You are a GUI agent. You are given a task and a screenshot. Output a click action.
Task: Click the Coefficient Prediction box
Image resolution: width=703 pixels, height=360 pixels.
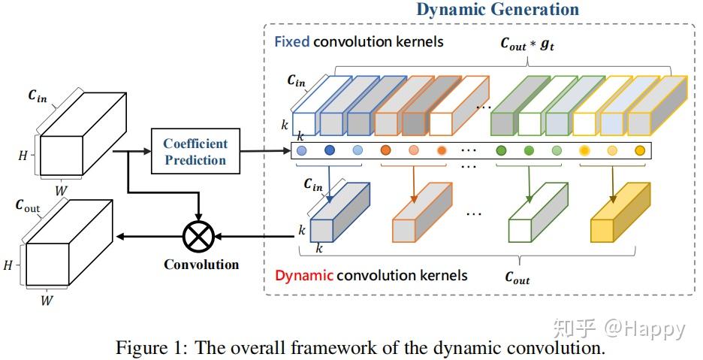pos(195,151)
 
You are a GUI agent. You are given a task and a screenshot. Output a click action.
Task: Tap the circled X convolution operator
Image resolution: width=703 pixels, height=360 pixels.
pos(198,237)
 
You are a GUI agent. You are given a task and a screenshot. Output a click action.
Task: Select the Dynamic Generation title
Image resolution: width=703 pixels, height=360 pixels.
pos(497,10)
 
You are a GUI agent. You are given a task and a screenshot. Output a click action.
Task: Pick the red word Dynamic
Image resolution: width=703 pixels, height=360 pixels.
pos(303,275)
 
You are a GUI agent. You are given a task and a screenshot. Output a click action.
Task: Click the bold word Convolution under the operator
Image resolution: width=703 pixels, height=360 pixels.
pos(201,265)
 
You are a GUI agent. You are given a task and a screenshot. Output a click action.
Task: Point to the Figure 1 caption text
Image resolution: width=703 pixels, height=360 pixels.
pos(360,349)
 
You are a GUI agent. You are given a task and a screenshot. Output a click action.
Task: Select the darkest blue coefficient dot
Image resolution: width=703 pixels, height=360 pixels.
pos(329,150)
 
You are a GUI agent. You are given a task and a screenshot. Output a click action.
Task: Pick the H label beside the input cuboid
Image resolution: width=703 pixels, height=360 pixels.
pos(22,156)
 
